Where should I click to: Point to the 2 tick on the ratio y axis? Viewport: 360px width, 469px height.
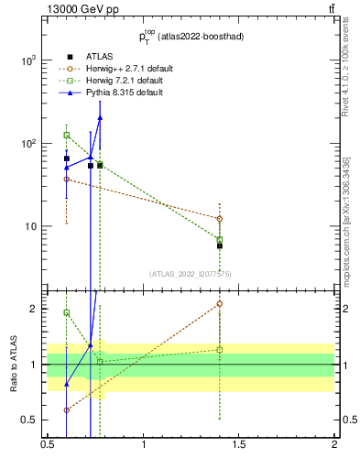click(x=38, y=309)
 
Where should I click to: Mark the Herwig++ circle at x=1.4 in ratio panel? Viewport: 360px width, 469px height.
click(x=220, y=303)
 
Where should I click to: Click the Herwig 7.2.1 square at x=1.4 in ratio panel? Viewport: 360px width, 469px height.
click(x=220, y=349)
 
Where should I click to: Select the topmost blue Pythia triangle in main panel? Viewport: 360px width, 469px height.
click(x=100, y=117)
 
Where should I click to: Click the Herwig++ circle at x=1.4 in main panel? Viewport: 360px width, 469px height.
click(x=220, y=219)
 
